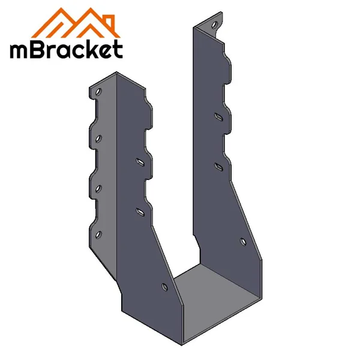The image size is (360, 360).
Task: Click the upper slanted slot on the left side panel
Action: click(x=140, y=161)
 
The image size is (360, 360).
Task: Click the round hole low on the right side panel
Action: click(x=243, y=241)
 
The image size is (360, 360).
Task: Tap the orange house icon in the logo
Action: click(x=78, y=23)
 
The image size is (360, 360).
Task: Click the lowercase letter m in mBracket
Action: click(x=21, y=50)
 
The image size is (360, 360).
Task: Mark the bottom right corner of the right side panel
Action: click(x=263, y=296)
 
